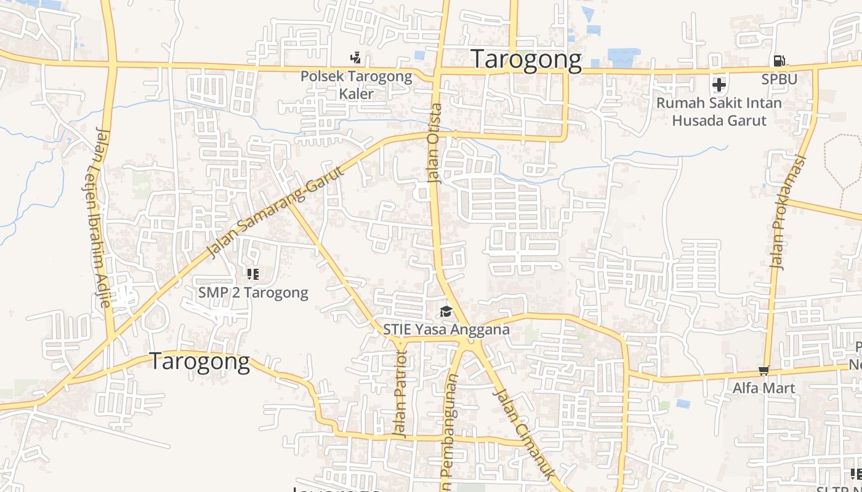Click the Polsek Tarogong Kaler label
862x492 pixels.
tap(356, 85)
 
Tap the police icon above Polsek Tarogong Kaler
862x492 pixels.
tap(355, 58)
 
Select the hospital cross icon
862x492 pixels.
tap(719, 84)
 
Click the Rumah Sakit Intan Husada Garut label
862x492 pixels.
tap(719, 111)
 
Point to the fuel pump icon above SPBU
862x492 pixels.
tap(779, 61)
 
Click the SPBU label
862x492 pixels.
tap(779, 79)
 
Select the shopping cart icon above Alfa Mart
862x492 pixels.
tap(763, 370)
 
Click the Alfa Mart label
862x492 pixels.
tap(763, 388)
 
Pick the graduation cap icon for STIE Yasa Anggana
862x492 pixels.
tap(446, 312)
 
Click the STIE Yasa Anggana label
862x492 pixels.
tap(446, 330)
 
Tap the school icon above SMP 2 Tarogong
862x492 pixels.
tap(252, 274)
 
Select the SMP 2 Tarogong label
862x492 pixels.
tap(253, 293)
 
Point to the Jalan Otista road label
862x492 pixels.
tap(435, 143)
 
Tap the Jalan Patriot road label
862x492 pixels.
tap(401, 394)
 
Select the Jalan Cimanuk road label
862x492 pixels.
tap(525, 434)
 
